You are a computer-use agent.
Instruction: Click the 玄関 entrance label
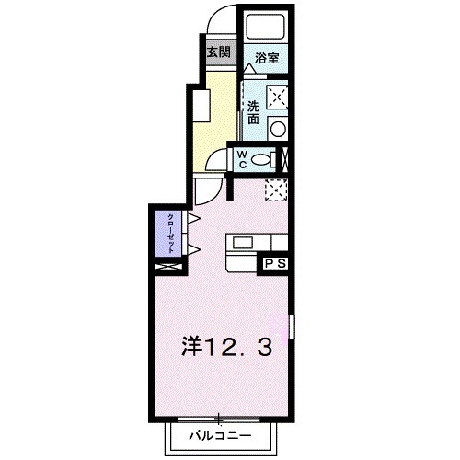(218, 52)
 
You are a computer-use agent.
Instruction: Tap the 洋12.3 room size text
(224, 348)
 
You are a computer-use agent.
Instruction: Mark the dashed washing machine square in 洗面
(277, 95)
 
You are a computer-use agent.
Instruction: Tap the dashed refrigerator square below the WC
(276, 189)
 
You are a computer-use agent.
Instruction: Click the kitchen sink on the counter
(243, 243)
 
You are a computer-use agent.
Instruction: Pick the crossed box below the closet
(170, 267)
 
